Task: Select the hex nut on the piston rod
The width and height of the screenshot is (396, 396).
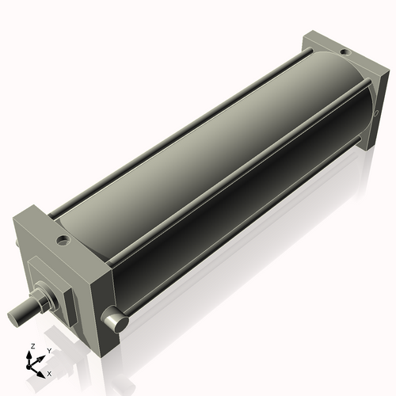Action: (41, 302)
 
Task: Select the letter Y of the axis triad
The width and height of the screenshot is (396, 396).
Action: (48, 350)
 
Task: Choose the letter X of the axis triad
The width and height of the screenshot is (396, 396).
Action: (50, 371)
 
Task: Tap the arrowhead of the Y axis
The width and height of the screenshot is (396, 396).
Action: (42, 356)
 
